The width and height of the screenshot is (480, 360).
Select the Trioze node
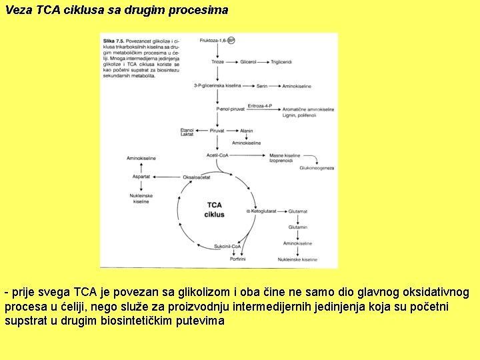217,61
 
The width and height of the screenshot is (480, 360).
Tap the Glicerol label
247,61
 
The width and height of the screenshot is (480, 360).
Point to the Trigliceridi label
283,61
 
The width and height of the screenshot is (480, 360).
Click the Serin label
262,87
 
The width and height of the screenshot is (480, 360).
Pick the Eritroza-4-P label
259,105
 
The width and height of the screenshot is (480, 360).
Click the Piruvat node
217,131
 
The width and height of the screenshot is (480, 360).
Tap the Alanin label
247,131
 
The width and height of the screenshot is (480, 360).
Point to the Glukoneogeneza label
316,168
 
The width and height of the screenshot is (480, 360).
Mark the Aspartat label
141,177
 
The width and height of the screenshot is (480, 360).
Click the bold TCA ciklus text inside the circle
215,209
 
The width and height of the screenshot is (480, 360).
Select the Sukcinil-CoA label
227,247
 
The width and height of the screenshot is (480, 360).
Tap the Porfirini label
238,259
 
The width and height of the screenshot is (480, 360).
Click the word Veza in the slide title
18,11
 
